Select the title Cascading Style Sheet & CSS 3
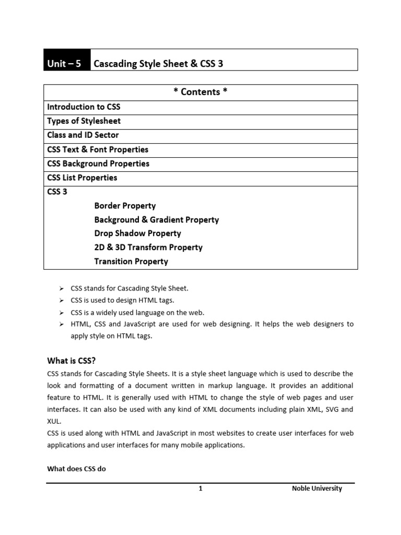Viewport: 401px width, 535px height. coord(158,64)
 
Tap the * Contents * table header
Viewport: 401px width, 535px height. coord(200,92)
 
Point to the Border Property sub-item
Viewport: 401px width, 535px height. coord(125,206)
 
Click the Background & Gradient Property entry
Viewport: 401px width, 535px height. coord(156,220)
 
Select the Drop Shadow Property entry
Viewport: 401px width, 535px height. coord(137,234)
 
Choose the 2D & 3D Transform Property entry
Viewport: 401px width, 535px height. coord(148,247)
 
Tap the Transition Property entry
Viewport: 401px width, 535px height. coord(131,261)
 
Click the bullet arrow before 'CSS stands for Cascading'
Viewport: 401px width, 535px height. coord(61,288)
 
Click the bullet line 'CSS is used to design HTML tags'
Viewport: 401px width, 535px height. coord(129,300)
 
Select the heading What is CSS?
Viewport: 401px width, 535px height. coord(72,360)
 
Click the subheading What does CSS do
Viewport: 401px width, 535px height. coord(76,469)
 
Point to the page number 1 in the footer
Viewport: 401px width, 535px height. coord(200,489)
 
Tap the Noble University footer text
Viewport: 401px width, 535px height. coord(317,489)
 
